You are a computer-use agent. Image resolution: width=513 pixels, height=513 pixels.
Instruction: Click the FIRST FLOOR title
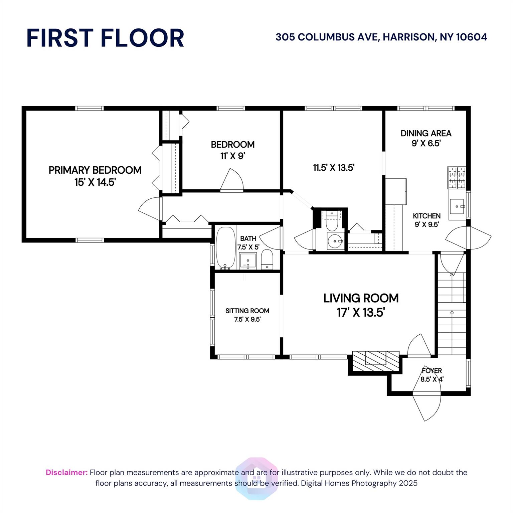tap(105, 38)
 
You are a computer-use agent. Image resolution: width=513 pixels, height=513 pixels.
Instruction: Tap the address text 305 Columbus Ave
tap(381, 37)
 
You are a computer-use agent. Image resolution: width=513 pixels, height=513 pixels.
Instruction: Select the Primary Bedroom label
tap(95, 176)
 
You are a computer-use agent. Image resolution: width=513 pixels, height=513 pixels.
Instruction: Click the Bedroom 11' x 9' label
tap(232, 150)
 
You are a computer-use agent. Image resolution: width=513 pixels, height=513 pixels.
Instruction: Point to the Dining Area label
tap(426, 138)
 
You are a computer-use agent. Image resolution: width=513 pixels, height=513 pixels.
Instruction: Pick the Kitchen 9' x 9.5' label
tap(426, 220)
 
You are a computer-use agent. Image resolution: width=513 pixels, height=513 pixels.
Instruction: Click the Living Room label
tap(361, 305)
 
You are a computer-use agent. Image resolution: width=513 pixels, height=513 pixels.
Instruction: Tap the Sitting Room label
tap(247, 315)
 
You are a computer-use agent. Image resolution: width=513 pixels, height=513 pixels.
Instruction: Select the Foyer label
tap(432, 375)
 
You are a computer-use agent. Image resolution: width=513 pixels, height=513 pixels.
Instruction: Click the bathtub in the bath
tap(226, 247)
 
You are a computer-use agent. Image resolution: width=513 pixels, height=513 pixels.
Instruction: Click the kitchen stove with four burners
tap(456, 177)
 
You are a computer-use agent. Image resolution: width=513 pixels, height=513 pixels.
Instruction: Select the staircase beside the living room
tap(452, 314)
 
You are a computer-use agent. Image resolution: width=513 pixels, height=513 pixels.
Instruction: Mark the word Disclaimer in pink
tap(66, 472)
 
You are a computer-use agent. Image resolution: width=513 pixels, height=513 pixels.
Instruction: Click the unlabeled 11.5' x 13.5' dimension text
tap(333, 168)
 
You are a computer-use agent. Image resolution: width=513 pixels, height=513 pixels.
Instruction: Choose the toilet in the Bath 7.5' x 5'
tap(267, 259)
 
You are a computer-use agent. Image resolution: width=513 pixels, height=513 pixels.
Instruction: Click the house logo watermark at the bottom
tap(256, 478)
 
